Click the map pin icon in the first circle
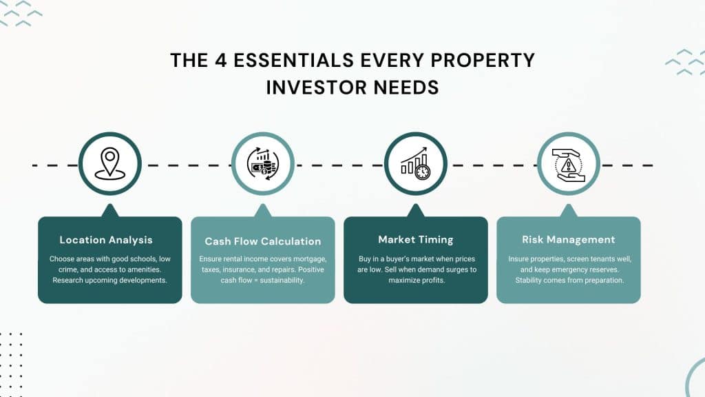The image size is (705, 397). (x=109, y=163)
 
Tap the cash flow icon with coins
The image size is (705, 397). (x=262, y=164)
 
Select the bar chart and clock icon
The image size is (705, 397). (x=415, y=163)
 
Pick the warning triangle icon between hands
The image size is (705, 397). (x=568, y=163)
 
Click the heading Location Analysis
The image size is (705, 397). (x=106, y=240)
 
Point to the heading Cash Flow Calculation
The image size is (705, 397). (x=263, y=241)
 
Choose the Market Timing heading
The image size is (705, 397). (x=416, y=240)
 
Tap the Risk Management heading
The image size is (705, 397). (x=568, y=240)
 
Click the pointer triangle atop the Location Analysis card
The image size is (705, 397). (x=109, y=210)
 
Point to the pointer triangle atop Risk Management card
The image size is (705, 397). (x=568, y=210)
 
